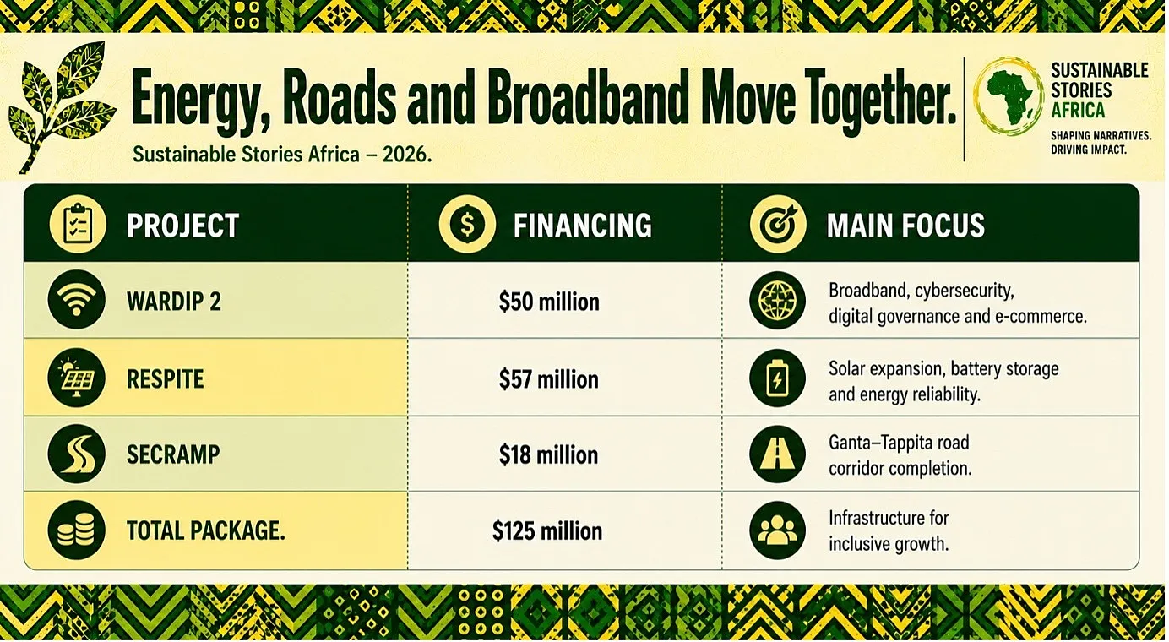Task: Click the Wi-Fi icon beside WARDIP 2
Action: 76,300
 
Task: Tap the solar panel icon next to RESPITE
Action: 76,378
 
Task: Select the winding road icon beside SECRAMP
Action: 76,454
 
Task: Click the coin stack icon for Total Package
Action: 76,530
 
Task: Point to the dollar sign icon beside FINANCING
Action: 467,225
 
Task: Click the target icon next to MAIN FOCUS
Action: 778,225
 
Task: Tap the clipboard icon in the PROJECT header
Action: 78,225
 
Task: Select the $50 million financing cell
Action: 549,302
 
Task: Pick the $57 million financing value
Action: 548,379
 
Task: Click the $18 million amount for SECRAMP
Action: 548,454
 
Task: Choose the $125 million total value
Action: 547,530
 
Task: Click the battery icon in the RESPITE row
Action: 777,378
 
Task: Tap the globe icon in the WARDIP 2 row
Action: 777,300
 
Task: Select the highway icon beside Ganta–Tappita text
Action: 777,454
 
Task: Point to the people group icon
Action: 777,530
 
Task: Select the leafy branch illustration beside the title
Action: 62,107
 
